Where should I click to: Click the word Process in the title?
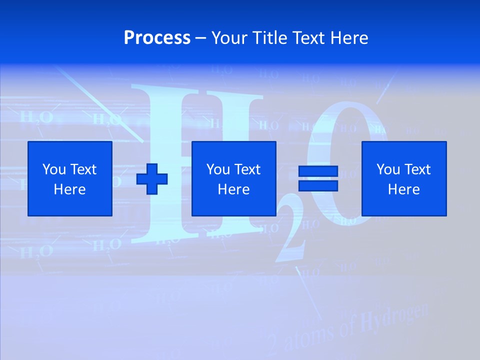click(x=157, y=38)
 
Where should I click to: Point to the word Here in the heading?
click(x=348, y=38)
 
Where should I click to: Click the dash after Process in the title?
click(x=201, y=38)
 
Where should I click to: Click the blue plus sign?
click(x=152, y=178)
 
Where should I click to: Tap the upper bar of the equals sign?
click(x=318, y=171)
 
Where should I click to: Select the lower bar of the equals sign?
click(x=318, y=185)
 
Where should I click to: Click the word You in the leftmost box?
click(x=53, y=169)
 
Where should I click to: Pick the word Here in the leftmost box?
click(x=70, y=189)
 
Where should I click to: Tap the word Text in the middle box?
click(x=246, y=169)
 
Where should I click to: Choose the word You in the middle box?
click(x=218, y=169)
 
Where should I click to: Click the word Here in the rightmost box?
click(x=404, y=189)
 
